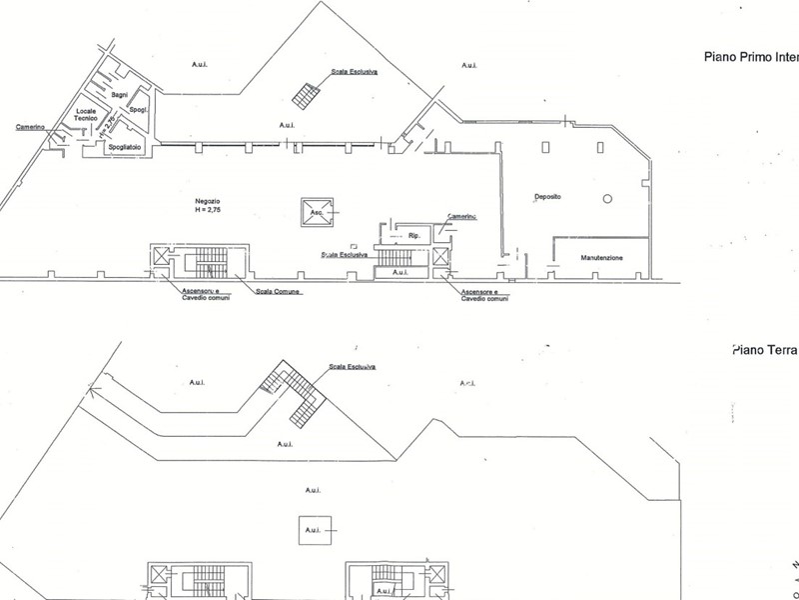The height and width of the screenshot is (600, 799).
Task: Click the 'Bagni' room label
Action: pyautogui.click(x=121, y=93)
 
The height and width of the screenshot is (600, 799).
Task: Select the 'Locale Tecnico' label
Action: pyautogui.click(x=91, y=114)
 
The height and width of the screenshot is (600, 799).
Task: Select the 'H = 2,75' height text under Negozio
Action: pyautogui.click(x=210, y=211)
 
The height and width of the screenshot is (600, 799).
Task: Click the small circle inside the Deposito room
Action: pyautogui.click(x=605, y=199)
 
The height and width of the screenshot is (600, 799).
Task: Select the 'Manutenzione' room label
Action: pyautogui.click(x=601, y=258)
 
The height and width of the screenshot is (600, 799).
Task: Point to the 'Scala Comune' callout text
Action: pyautogui.click(x=279, y=291)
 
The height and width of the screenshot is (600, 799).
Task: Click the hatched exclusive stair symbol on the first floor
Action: pyautogui.click(x=306, y=95)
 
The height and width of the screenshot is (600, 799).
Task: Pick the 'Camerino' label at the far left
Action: pyautogui.click(x=33, y=127)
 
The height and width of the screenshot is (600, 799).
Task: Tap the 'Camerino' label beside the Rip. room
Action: pyautogui.click(x=461, y=217)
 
